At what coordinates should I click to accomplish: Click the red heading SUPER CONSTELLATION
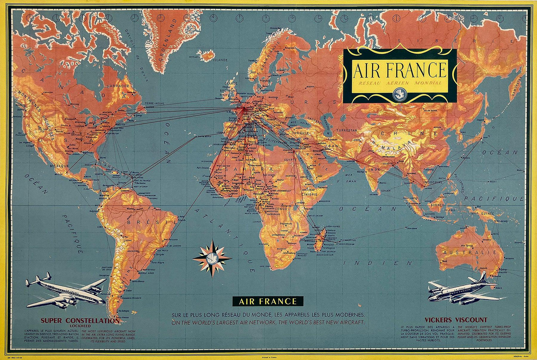(80, 320)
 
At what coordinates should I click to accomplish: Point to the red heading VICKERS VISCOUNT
(456, 320)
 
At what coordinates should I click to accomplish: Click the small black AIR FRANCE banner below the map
(268, 301)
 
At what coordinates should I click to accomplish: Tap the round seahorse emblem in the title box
(399, 95)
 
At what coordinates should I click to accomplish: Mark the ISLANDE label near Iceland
(220, 59)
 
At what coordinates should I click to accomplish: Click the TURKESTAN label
(346, 130)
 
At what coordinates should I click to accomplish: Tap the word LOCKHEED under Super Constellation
(80, 326)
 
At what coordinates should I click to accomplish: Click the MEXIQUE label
(59, 165)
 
